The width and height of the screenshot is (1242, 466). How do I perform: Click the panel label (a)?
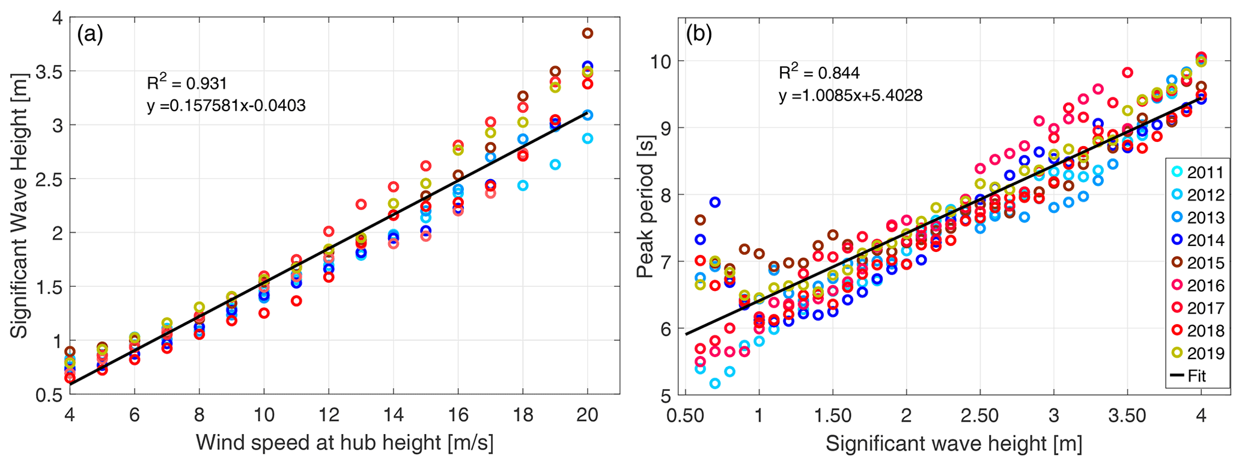click(90, 35)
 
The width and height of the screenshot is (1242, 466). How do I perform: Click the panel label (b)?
click(699, 34)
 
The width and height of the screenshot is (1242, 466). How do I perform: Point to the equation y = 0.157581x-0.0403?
click(226, 106)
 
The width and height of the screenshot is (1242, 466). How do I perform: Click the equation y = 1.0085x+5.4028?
click(850, 95)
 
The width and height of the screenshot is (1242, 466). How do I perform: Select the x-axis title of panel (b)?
click(954, 444)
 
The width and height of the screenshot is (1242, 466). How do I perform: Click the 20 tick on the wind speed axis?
click(587, 415)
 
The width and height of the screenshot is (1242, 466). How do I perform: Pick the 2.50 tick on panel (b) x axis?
click(979, 415)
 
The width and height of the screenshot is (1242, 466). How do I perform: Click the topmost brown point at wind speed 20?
click(587, 33)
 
